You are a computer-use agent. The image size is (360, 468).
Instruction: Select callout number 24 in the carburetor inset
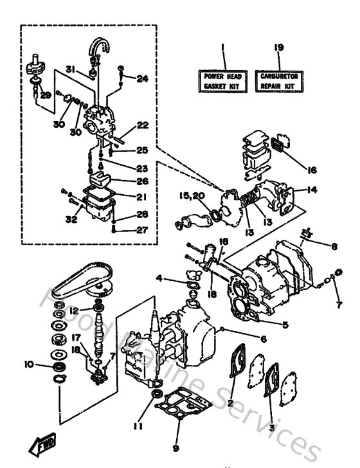coord(142,79)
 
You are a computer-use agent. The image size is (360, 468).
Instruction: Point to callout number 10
coord(28,364)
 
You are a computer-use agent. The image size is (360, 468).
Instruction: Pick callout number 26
coord(142,181)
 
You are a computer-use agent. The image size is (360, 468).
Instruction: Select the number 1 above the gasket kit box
coord(219,48)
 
